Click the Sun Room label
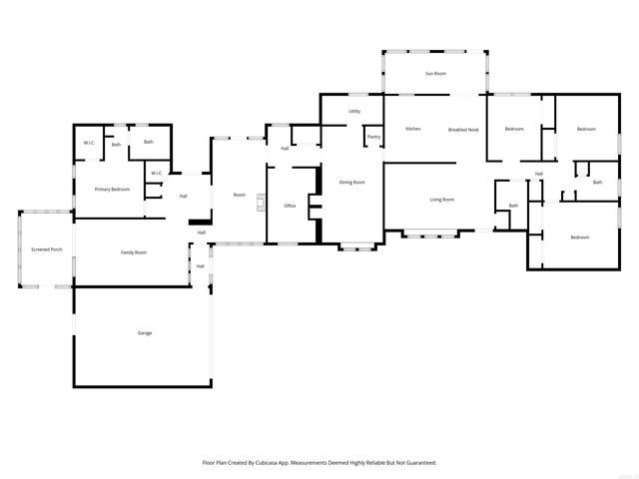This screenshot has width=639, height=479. click(435, 74)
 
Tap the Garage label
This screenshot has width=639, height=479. click(145, 332)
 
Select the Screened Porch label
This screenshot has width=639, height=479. click(46, 248)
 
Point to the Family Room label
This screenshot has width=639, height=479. click(134, 252)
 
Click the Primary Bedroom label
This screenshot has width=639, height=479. click(112, 189)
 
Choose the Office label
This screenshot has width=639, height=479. click(290, 206)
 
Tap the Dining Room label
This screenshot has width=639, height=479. click(351, 182)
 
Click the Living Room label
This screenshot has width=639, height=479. click(442, 200)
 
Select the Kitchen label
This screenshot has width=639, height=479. click(412, 129)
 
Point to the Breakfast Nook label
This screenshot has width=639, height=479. click(463, 129)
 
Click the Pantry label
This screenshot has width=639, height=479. click(373, 137)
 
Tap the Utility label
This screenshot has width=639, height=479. click(354, 111)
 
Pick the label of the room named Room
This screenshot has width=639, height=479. click(240, 195)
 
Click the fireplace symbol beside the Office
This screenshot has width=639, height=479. click(262, 204)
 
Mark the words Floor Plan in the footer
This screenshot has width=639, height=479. click(214, 463)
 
